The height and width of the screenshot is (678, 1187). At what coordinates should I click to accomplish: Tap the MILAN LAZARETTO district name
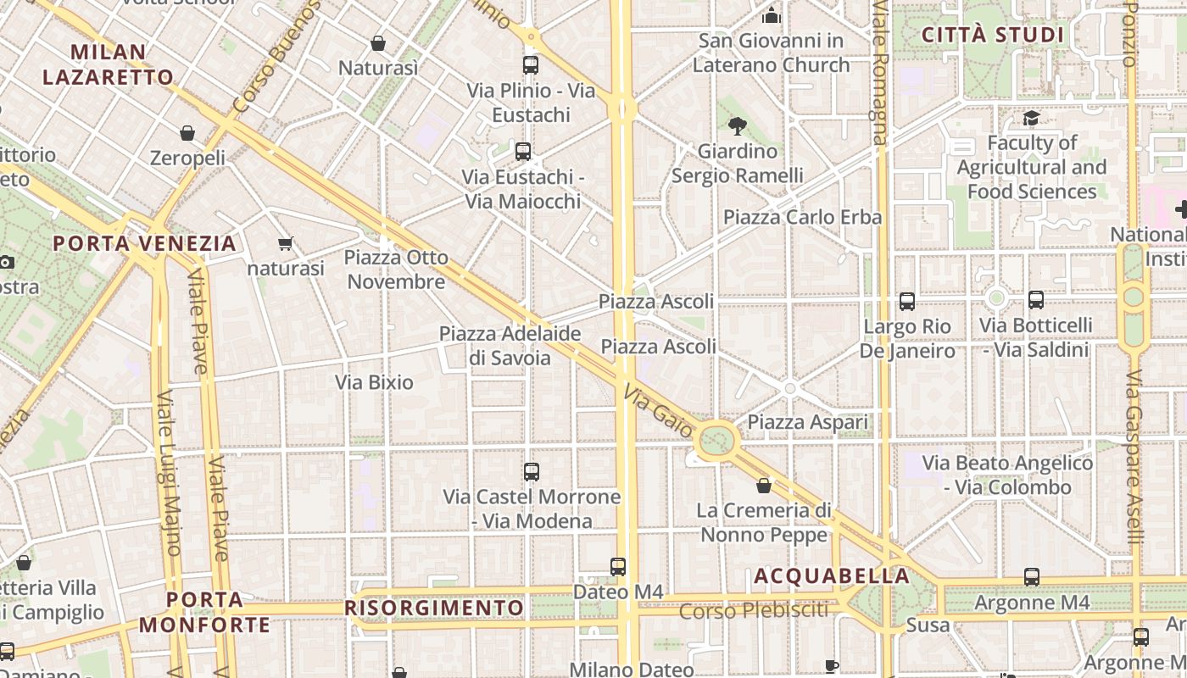coord(108,64)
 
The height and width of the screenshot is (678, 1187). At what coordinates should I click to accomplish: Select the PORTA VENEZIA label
coord(144,244)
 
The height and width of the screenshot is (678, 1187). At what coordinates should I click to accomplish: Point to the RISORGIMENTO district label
coord(434,609)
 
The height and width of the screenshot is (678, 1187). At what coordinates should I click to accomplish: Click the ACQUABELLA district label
coord(832,576)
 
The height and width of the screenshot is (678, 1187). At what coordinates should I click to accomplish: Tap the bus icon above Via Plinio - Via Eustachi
coord(531,64)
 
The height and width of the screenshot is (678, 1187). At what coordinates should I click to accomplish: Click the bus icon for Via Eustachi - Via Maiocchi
coord(523,152)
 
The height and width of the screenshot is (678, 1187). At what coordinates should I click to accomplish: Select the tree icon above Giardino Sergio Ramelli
coord(737,127)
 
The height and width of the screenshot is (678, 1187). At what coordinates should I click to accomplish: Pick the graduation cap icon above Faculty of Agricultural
coord(1031,119)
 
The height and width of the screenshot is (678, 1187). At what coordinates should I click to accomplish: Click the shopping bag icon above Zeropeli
coord(187,133)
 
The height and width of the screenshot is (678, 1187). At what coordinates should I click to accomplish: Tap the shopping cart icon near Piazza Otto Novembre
coord(286,244)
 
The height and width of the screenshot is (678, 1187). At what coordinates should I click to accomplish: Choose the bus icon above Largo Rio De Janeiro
coord(907,301)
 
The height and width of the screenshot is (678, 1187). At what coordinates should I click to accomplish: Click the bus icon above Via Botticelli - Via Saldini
coord(1035,299)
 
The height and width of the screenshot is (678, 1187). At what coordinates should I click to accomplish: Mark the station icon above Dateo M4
coord(618,566)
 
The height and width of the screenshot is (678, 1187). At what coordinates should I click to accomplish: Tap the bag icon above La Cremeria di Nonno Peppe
coord(764,486)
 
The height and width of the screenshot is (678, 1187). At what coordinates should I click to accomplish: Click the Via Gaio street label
coord(658,412)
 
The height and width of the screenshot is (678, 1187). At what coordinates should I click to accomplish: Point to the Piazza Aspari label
coord(807,422)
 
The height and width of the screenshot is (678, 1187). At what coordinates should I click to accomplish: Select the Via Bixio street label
coord(374,382)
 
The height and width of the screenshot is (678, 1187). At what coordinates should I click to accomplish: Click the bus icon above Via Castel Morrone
coord(532,472)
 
